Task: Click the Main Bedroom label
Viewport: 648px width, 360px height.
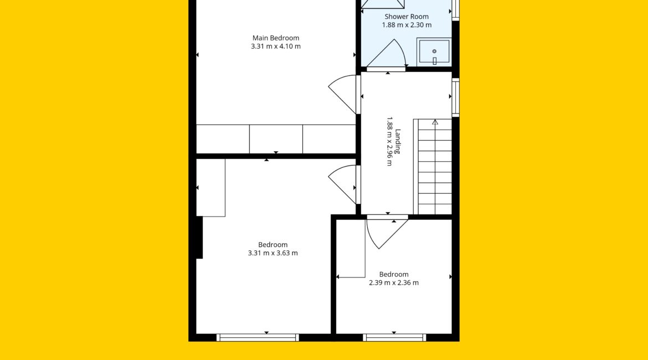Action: coord(276,38)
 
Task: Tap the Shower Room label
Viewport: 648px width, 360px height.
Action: coord(407,17)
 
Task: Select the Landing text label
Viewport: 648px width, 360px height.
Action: coord(398,141)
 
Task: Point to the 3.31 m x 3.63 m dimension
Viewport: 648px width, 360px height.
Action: coord(272,253)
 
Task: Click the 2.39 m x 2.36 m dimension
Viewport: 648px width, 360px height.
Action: coord(394,282)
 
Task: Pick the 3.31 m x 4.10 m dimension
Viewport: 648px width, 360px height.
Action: coord(276,47)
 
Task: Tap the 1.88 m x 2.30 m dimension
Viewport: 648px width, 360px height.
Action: coord(407,25)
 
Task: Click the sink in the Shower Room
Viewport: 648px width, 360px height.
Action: coord(434,52)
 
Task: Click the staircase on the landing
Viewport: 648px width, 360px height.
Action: coord(433,167)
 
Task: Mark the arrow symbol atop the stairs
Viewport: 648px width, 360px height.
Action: coord(435,122)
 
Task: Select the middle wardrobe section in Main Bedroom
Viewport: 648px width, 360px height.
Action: coord(276,139)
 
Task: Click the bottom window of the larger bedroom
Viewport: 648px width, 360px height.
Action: coord(258,338)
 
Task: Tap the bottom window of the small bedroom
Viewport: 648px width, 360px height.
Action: coord(394,338)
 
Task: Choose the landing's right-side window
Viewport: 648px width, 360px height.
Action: coord(455,97)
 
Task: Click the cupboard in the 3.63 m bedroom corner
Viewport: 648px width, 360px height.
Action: coord(211,188)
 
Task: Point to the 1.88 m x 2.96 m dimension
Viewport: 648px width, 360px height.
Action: coord(389,141)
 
